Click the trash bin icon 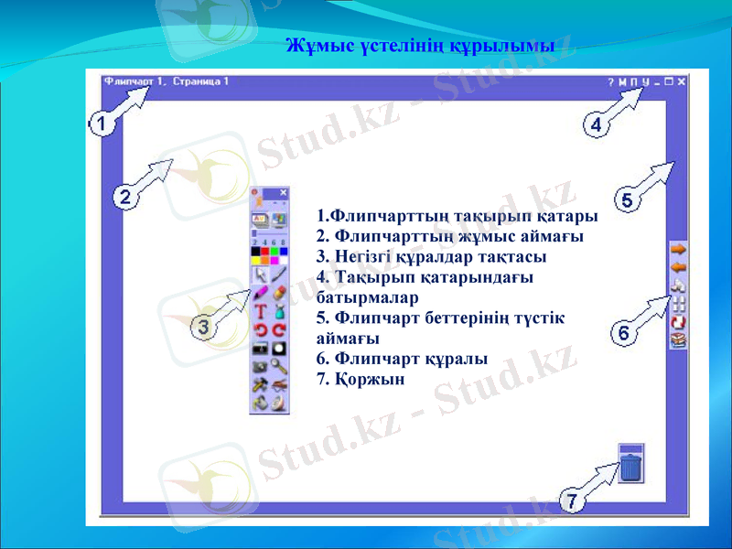(631, 464)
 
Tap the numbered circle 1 (102, 124)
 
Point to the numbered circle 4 (595, 125)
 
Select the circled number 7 (571, 501)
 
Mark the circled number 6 (624, 334)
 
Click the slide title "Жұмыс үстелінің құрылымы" (420, 44)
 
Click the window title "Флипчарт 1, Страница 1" (166, 81)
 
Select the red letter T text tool (260, 312)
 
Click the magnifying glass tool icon (279, 366)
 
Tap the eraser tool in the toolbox (279, 293)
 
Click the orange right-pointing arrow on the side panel (678, 249)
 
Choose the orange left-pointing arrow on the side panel (678, 267)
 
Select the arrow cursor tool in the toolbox (260, 274)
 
